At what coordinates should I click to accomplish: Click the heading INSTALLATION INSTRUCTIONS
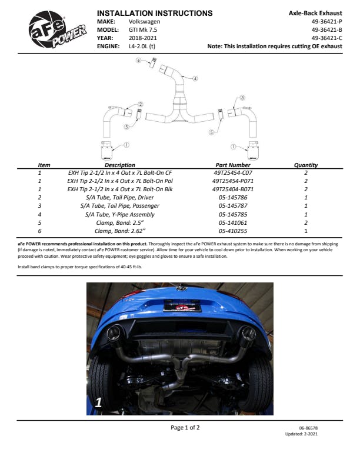(x=154, y=13)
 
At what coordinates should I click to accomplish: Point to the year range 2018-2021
(x=142, y=37)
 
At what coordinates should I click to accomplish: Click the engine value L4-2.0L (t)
(x=142, y=45)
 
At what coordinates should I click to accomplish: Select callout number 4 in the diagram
(x=195, y=78)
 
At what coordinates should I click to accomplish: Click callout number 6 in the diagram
(x=139, y=60)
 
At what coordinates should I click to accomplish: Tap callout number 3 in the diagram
(x=242, y=98)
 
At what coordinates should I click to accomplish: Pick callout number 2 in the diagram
(x=124, y=104)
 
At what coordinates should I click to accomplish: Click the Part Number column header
(x=233, y=165)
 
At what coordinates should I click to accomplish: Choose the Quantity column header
(x=306, y=165)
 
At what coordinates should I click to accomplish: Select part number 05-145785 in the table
(x=232, y=215)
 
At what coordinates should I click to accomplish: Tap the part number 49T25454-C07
(x=232, y=174)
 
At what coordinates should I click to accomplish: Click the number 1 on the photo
(x=99, y=402)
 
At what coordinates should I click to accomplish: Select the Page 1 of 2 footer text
(x=185, y=427)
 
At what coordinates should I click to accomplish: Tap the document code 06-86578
(x=309, y=428)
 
